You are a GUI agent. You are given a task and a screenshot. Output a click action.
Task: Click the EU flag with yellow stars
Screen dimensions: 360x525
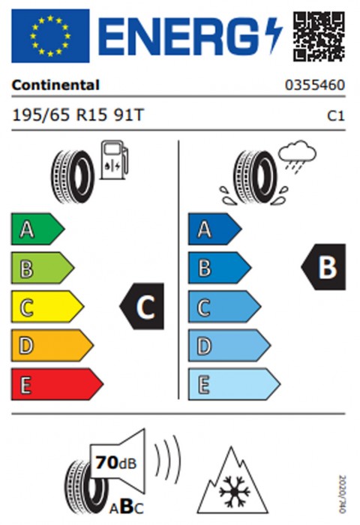(x=50, y=36)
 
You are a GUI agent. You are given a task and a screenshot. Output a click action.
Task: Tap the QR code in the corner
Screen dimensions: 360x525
(x=319, y=36)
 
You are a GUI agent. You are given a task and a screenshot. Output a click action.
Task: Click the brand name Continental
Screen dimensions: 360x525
(x=55, y=85)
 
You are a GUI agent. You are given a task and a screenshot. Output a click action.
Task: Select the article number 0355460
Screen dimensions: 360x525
(x=315, y=85)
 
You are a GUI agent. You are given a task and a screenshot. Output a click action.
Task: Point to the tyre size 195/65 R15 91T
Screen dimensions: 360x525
(x=78, y=115)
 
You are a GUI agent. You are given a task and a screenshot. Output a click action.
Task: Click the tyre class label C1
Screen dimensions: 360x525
(x=336, y=115)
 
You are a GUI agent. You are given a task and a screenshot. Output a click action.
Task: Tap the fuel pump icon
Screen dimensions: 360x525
(x=115, y=160)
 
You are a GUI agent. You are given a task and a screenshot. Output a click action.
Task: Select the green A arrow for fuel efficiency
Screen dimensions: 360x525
(x=37, y=229)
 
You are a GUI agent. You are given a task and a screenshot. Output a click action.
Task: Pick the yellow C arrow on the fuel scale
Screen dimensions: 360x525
(x=47, y=307)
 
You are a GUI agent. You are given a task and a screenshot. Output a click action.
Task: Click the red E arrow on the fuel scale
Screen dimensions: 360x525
(x=57, y=384)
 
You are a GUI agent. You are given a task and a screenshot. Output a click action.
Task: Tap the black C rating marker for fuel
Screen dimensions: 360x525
(x=142, y=306)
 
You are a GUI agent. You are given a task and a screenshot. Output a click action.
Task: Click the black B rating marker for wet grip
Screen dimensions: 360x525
(x=323, y=267)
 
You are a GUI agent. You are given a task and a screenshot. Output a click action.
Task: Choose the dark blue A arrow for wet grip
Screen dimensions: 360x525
(x=214, y=229)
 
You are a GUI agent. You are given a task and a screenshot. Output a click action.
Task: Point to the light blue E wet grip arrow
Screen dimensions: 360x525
(x=234, y=384)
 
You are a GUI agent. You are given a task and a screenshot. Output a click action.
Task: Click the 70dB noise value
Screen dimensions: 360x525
(x=116, y=463)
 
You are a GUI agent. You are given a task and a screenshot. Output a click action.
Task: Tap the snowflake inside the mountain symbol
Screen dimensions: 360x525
(x=235, y=491)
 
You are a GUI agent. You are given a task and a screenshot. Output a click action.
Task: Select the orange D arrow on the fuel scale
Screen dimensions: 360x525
(x=52, y=346)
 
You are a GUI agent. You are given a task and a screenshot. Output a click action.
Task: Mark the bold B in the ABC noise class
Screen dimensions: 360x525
(x=127, y=506)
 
